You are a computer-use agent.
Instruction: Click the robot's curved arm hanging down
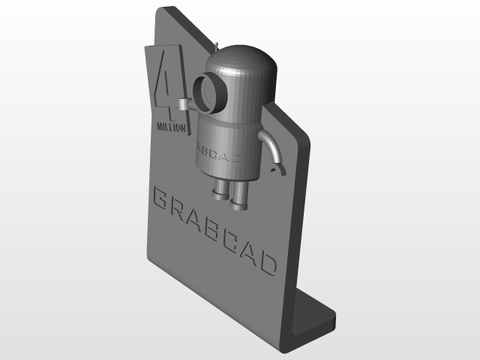tap(271, 146)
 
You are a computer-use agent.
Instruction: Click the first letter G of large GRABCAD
tap(160, 199)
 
